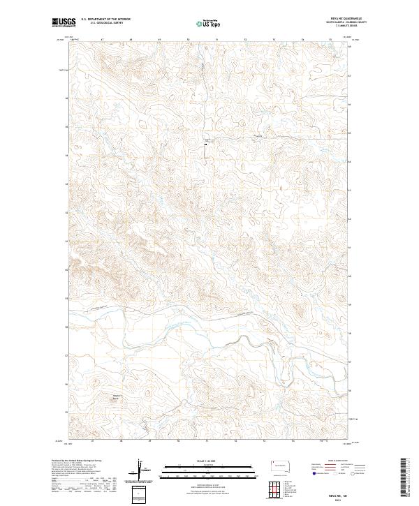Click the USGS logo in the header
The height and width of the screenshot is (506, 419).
coord(64,23)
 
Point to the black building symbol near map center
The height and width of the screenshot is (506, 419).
coord(205,144)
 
